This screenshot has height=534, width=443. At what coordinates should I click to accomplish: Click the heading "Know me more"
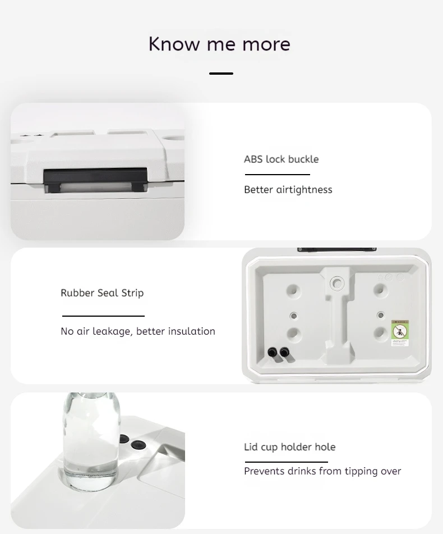(219, 44)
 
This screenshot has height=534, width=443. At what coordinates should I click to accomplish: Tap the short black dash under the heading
(221, 73)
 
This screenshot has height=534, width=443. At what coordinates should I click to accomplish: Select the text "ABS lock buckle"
(281, 159)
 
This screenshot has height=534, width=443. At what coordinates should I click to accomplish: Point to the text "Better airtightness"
(288, 190)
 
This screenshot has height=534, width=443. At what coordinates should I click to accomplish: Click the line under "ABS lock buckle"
(278, 175)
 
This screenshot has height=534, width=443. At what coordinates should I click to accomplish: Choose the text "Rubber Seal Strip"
(102, 293)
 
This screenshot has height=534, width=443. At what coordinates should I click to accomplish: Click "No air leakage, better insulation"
(138, 331)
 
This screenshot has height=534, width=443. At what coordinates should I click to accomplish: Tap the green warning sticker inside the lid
(400, 333)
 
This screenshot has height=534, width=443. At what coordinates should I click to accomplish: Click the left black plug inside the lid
(273, 352)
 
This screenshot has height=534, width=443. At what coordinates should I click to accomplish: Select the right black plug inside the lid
(284, 352)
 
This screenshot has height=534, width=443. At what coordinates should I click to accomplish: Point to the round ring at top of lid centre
(337, 282)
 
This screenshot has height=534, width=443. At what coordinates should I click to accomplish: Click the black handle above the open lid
(336, 250)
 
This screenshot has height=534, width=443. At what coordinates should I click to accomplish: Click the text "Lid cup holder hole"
(290, 447)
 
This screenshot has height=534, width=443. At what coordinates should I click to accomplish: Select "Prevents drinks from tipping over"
(322, 471)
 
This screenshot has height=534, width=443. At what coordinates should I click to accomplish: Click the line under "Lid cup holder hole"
(286, 462)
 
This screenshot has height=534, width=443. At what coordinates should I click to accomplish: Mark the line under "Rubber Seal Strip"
(103, 316)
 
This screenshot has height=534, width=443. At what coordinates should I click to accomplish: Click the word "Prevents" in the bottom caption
(264, 471)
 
